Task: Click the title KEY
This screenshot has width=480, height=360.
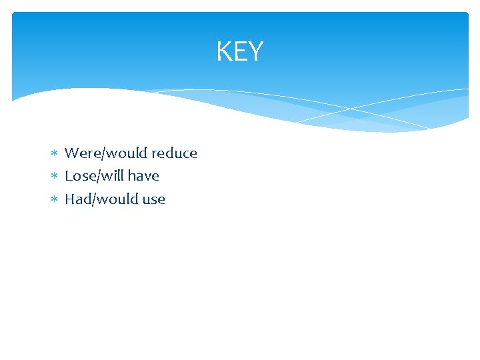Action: click(x=240, y=51)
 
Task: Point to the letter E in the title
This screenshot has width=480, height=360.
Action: click(x=239, y=51)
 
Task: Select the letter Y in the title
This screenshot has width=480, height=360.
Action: click(x=255, y=51)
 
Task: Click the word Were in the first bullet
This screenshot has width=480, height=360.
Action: click(x=81, y=153)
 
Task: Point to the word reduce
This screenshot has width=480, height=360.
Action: click(x=175, y=153)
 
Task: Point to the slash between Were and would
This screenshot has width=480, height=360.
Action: click(x=99, y=153)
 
